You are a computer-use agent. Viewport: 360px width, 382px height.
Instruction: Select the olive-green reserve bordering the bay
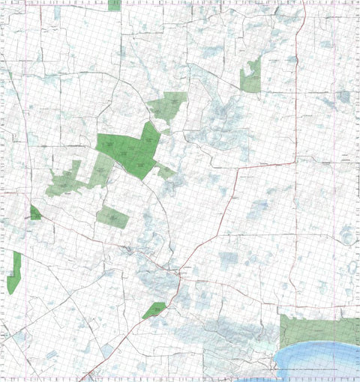(x=319, y=330)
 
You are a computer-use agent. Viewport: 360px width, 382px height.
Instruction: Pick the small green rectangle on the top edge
(x=114, y=4)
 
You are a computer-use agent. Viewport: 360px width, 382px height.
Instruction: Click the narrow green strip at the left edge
(x=14, y=273)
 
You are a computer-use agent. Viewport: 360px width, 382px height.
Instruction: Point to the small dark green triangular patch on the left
(x=34, y=213)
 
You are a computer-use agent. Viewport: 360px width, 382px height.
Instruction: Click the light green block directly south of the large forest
(x=112, y=216)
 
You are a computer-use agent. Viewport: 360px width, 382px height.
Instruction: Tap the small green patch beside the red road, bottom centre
(x=154, y=309)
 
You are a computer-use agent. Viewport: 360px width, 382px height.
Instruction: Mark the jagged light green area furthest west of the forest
(x=64, y=181)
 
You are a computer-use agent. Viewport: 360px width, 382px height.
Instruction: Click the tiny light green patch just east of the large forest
(x=166, y=172)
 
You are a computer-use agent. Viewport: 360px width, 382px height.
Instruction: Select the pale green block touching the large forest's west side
(x=100, y=172)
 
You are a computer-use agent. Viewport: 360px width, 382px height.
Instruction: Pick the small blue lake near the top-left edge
(x=57, y=13)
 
